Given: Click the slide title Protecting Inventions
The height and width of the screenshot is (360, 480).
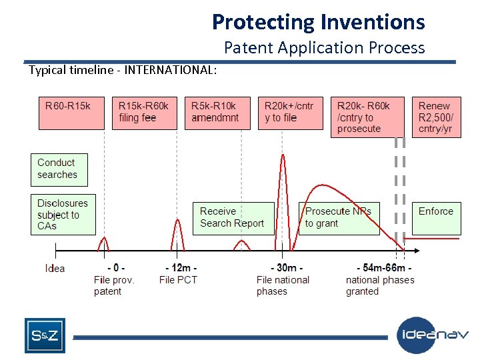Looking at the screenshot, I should click(x=318, y=22).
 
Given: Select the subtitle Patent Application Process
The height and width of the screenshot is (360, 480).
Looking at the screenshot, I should click(x=324, y=47).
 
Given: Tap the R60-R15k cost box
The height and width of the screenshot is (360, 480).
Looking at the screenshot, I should click(x=71, y=112).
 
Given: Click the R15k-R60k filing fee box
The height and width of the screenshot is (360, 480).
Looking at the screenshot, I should click(x=143, y=112).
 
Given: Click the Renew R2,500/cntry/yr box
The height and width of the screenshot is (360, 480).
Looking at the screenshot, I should click(x=436, y=117).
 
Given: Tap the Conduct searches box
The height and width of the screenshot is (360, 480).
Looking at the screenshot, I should click(x=59, y=169).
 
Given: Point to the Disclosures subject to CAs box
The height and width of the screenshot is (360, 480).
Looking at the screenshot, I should click(x=63, y=214).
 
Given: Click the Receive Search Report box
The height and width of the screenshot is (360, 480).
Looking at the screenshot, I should click(x=233, y=218).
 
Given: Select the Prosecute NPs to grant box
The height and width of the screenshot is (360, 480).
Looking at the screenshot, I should click(x=339, y=218).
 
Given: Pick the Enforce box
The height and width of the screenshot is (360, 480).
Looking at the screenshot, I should click(x=436, y=217).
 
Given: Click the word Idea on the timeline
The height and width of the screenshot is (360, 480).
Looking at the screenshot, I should click(x=55, y=269).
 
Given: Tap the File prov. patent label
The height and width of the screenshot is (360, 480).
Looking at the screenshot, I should click(x=114, y=280).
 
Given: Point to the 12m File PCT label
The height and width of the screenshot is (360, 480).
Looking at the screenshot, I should click(x=179, y=274).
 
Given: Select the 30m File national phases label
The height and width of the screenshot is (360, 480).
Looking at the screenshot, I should click(x=283, y=280).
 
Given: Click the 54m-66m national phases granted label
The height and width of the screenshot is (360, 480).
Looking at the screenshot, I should click(x=380, y=280).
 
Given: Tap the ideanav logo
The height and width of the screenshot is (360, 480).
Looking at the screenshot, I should click(x=434, y=335).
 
